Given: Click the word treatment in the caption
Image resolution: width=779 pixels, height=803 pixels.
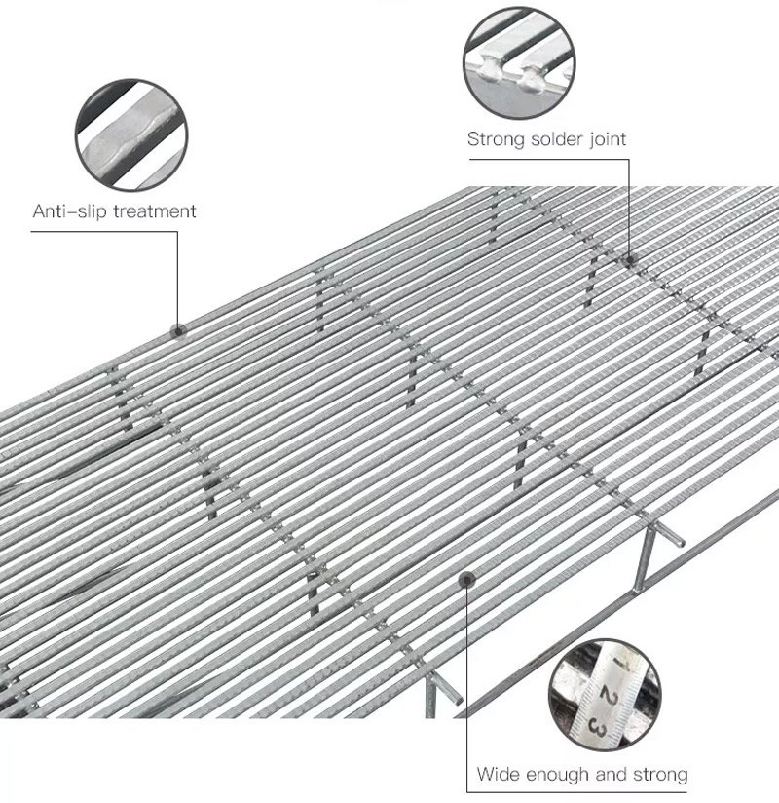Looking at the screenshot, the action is [x=155, y=211].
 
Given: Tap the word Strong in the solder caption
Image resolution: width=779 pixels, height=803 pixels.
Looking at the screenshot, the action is [x=496, y=139].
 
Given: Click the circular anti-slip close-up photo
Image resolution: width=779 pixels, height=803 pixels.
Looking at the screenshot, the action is [x=131, y=135].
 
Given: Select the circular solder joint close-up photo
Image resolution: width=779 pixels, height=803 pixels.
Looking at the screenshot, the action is [x=519, y=63].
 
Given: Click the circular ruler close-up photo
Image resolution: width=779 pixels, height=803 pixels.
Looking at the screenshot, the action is [x=605, y=695].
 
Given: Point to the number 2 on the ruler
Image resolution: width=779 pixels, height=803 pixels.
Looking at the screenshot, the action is [x=608, y=697].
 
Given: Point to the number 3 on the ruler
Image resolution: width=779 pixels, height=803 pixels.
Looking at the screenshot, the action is [x=597, y=726].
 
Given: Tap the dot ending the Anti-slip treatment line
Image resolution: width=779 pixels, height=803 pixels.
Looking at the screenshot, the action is [x=178, y=331].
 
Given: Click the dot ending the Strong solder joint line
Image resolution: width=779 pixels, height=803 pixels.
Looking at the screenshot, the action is [x=630, y=259].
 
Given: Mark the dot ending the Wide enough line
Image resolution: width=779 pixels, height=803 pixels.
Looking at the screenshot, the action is [x=466, y=580].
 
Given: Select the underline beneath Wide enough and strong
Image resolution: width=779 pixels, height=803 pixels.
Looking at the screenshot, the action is [x=576, y=792].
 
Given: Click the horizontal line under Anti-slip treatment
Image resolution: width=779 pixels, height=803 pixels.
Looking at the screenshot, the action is [x=104, y=232].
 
